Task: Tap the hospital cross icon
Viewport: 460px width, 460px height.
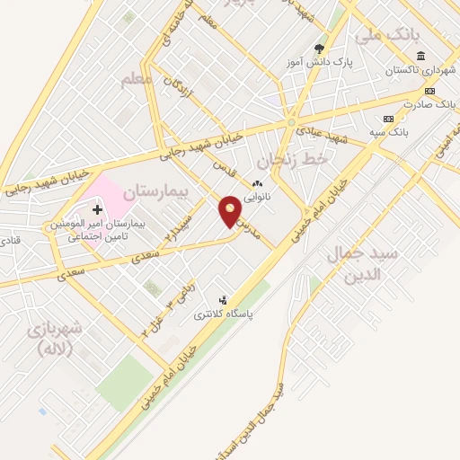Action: (x=98, y=209)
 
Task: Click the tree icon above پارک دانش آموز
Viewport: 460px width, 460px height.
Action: (x=318, y=49)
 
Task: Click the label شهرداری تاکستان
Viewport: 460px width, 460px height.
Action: (x=416, y=69)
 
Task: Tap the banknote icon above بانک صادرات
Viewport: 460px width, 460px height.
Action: (x=429, y=91)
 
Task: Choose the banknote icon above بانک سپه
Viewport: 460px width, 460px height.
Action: (x=388, y=119)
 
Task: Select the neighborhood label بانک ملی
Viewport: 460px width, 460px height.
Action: (x=386, y=37)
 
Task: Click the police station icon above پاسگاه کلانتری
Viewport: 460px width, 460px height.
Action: (x=223, y=301)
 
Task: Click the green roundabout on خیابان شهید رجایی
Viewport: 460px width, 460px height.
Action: (x=291, y=122)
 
